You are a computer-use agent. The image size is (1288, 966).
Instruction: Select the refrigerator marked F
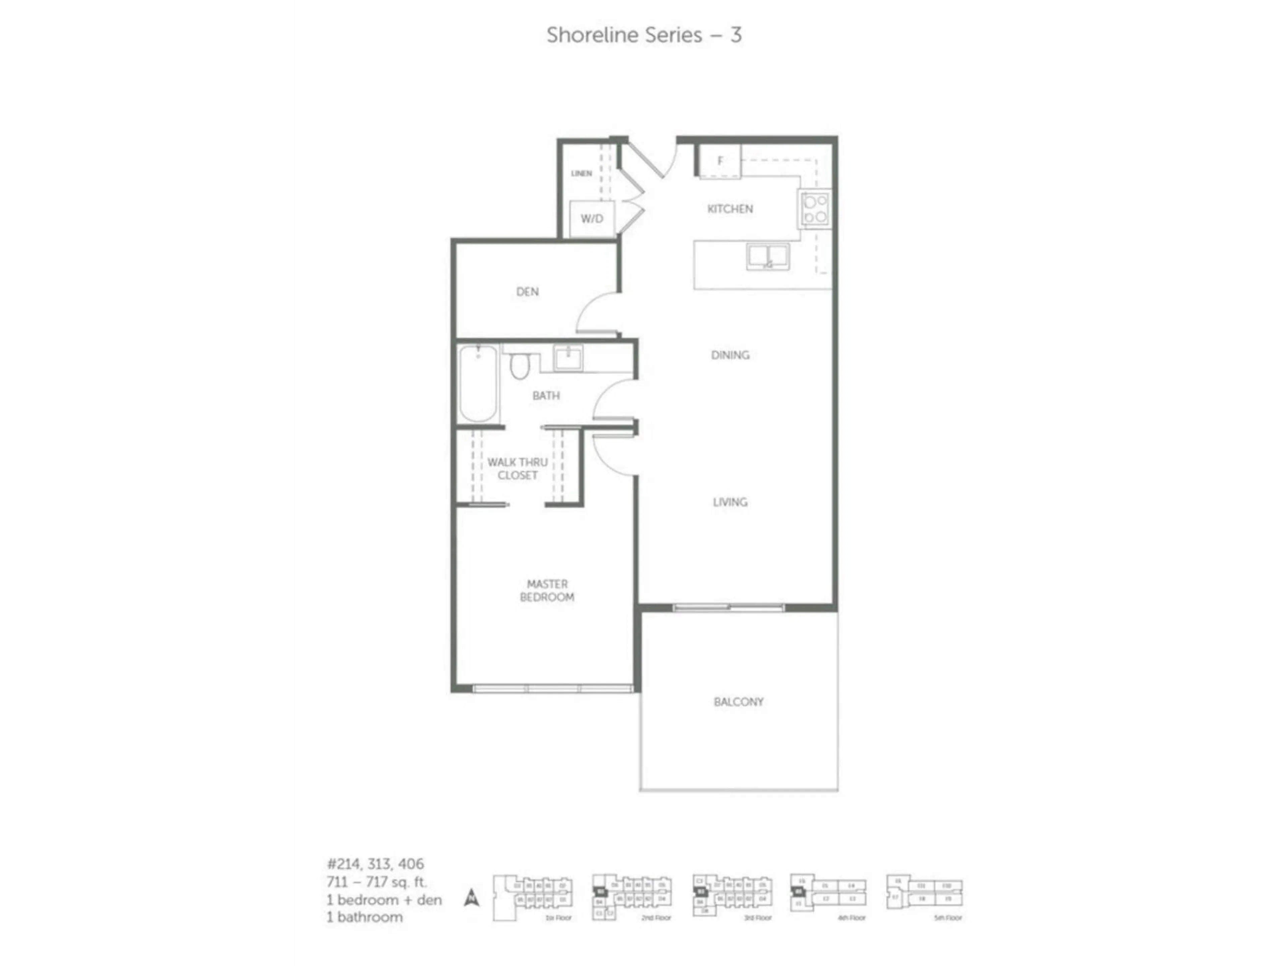(x=720, y=161)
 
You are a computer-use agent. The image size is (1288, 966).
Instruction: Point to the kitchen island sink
(x=768, y=257)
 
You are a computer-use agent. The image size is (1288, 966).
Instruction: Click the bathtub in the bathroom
(x=478, y=384)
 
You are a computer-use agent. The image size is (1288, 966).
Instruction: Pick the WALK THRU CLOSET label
(x=517, y=469)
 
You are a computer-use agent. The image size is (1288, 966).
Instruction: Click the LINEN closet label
(x=581, y=173)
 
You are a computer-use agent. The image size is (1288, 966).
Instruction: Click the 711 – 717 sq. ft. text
(x=377, y=881)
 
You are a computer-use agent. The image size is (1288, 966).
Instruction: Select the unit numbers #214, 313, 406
(x=376, y=863)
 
